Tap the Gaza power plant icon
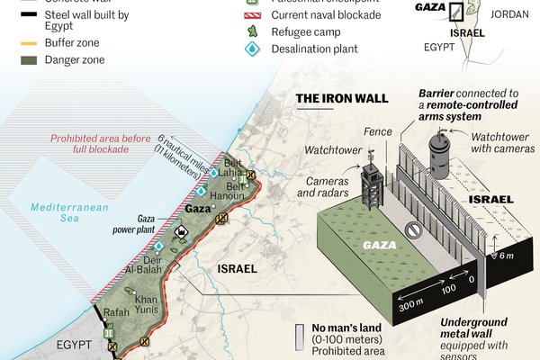coord(181,232)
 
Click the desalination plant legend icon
coord(253,49)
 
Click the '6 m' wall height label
coord(507,256)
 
